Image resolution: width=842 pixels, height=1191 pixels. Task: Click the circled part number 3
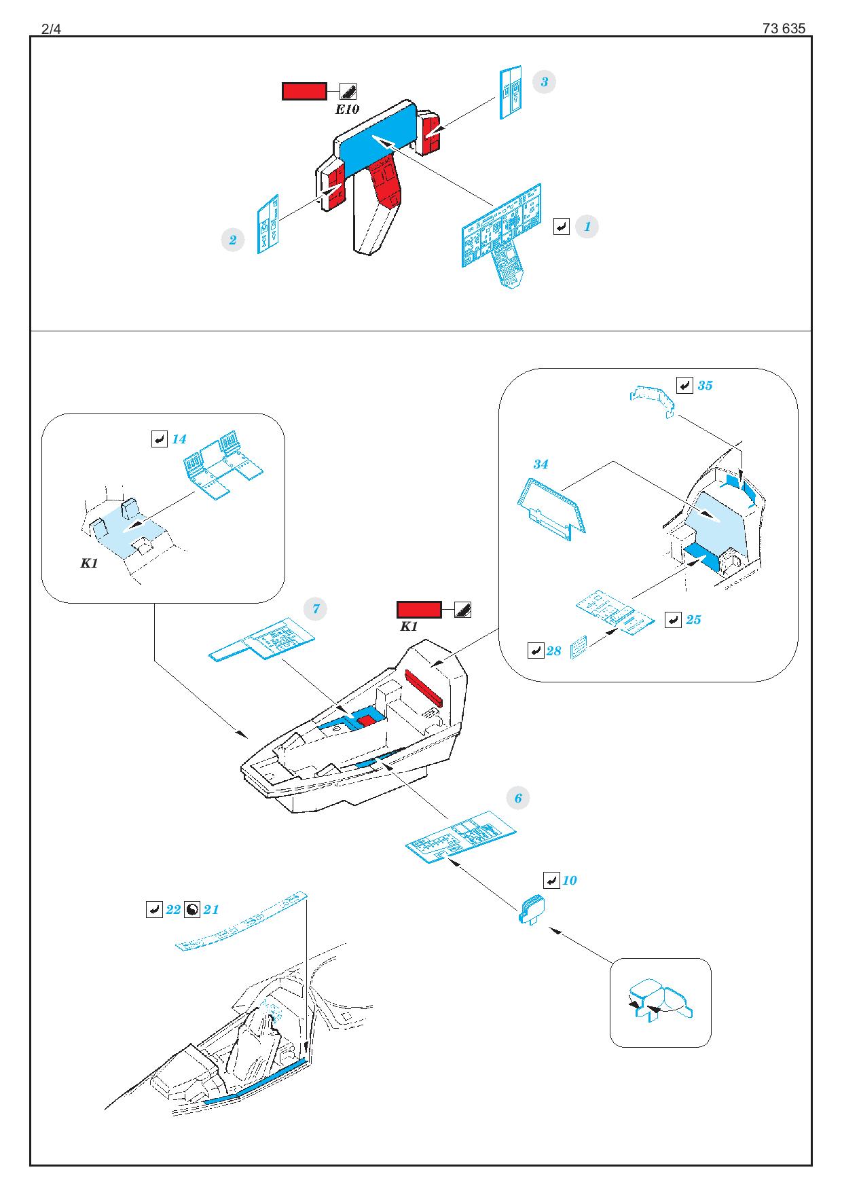544,82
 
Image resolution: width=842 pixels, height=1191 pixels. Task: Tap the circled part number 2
233,240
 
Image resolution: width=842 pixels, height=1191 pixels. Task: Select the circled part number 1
587,226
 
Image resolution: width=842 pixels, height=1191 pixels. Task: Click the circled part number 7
316,608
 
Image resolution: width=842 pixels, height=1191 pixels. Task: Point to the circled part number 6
518,798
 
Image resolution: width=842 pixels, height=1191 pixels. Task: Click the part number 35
705,386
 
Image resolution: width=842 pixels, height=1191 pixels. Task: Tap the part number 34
541,464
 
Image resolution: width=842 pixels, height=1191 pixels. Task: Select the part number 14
179,439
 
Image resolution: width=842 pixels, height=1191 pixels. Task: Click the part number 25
693,619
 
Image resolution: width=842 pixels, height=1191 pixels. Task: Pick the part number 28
553,651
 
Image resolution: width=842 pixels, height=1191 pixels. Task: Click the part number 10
569,880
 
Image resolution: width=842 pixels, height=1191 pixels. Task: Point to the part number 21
211,909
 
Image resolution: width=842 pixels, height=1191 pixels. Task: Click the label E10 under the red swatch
347,109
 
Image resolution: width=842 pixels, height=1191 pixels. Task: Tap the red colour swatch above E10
304,91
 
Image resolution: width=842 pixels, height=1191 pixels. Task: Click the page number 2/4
51,29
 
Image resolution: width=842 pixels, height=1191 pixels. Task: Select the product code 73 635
784,29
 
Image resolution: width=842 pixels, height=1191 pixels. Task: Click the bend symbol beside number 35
684,386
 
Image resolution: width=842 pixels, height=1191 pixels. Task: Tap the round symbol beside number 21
192,909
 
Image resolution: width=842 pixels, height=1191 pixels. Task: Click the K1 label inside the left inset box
89,563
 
